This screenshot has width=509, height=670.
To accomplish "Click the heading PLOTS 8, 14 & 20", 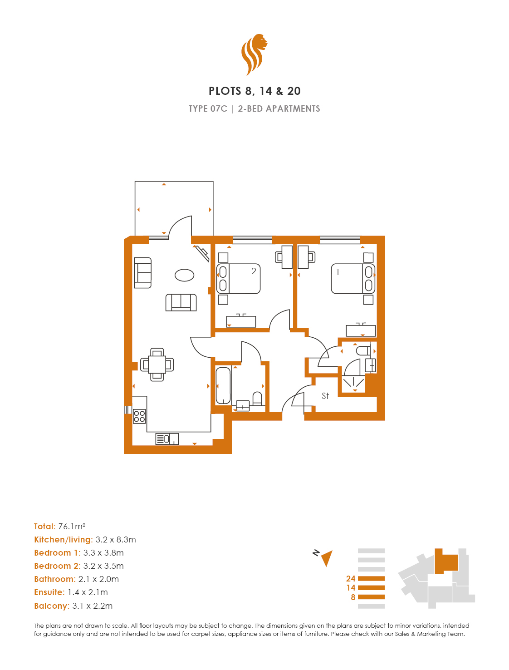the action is coord(254,91).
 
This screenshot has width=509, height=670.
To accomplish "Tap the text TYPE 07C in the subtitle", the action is coord(208,108).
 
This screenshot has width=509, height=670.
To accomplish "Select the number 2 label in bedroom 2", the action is coord(254,271).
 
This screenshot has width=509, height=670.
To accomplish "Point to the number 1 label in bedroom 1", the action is coord(338,271).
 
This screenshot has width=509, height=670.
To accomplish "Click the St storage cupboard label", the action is coord(325,396).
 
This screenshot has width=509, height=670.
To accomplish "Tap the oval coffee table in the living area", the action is coord(184,275).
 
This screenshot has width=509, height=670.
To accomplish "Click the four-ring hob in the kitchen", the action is coord(139,416).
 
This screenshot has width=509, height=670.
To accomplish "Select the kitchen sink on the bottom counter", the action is coord(167,439).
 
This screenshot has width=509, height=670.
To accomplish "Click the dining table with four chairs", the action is coord(157,365).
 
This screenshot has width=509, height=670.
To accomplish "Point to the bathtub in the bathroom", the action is coord(223,385).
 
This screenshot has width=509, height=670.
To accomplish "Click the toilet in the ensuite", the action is coord(363,350).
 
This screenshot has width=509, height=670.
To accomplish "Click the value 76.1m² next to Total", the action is coord(72,526).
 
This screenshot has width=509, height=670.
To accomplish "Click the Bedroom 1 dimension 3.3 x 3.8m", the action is coord(103,552).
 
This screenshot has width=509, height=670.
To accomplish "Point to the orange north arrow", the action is coord(327,558).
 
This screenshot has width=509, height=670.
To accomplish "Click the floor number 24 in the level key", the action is coord(351,578).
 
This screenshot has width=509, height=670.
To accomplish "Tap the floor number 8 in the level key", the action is coord(353,597).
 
